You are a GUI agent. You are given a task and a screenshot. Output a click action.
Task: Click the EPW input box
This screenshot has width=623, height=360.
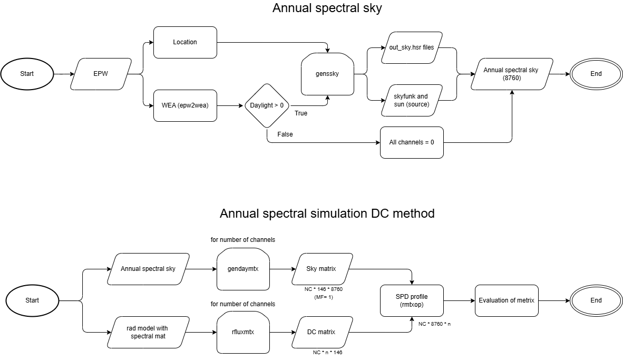pyautogui.click(x=100, y=74)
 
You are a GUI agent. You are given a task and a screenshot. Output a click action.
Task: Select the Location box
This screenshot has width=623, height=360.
pyautogui.click(x=185, y=42)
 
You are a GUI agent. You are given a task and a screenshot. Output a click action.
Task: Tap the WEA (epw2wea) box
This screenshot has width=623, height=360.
pyautogui.click(x=185, y=105)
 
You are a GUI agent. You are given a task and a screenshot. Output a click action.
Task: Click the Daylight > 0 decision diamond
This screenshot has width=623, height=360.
pyautogui.click(x=267, y=105)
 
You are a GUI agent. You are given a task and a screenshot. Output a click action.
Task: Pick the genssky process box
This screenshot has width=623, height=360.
pyautogui.click(x=327, y=74)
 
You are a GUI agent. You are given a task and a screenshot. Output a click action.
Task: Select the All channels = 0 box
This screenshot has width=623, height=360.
pyautogui.click(x=412, y=142)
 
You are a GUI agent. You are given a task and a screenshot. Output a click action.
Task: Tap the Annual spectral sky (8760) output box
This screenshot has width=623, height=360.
pyautogui.click(x=511, y=74)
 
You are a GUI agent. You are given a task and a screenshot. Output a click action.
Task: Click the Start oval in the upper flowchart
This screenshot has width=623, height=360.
pyautogui.click(x=27, y=74)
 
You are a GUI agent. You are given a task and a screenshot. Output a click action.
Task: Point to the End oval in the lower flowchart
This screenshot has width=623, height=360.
pyautogui.click(x=596, y=300)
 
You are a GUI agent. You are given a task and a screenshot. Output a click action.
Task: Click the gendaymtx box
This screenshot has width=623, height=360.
pyautogui.click(x=243, y=269)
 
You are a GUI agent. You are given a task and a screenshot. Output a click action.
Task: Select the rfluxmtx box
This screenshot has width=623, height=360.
pyautogui.click(x=243, y=332)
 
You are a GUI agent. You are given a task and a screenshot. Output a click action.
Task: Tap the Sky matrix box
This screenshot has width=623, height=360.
pyautogui.click(x=321, y=269)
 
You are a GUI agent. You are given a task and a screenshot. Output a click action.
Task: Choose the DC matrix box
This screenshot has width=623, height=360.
pyautogui.click(x=321, y=332)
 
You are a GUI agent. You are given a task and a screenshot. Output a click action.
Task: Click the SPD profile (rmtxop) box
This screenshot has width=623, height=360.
pyautogui.click(x=412, y=300)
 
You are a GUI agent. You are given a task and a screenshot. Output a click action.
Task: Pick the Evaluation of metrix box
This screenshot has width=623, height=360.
pyautogui.click(x=507, y=300)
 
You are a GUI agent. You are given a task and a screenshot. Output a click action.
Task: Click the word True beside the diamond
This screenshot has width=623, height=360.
pyautogui.click(x=301, y=113)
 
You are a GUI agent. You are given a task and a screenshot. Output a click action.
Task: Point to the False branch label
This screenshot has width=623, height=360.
pyautogui.click(x=285, y=134)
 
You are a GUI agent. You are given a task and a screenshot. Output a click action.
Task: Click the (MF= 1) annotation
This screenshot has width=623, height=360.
pyautogui.click(x=321, y=297)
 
